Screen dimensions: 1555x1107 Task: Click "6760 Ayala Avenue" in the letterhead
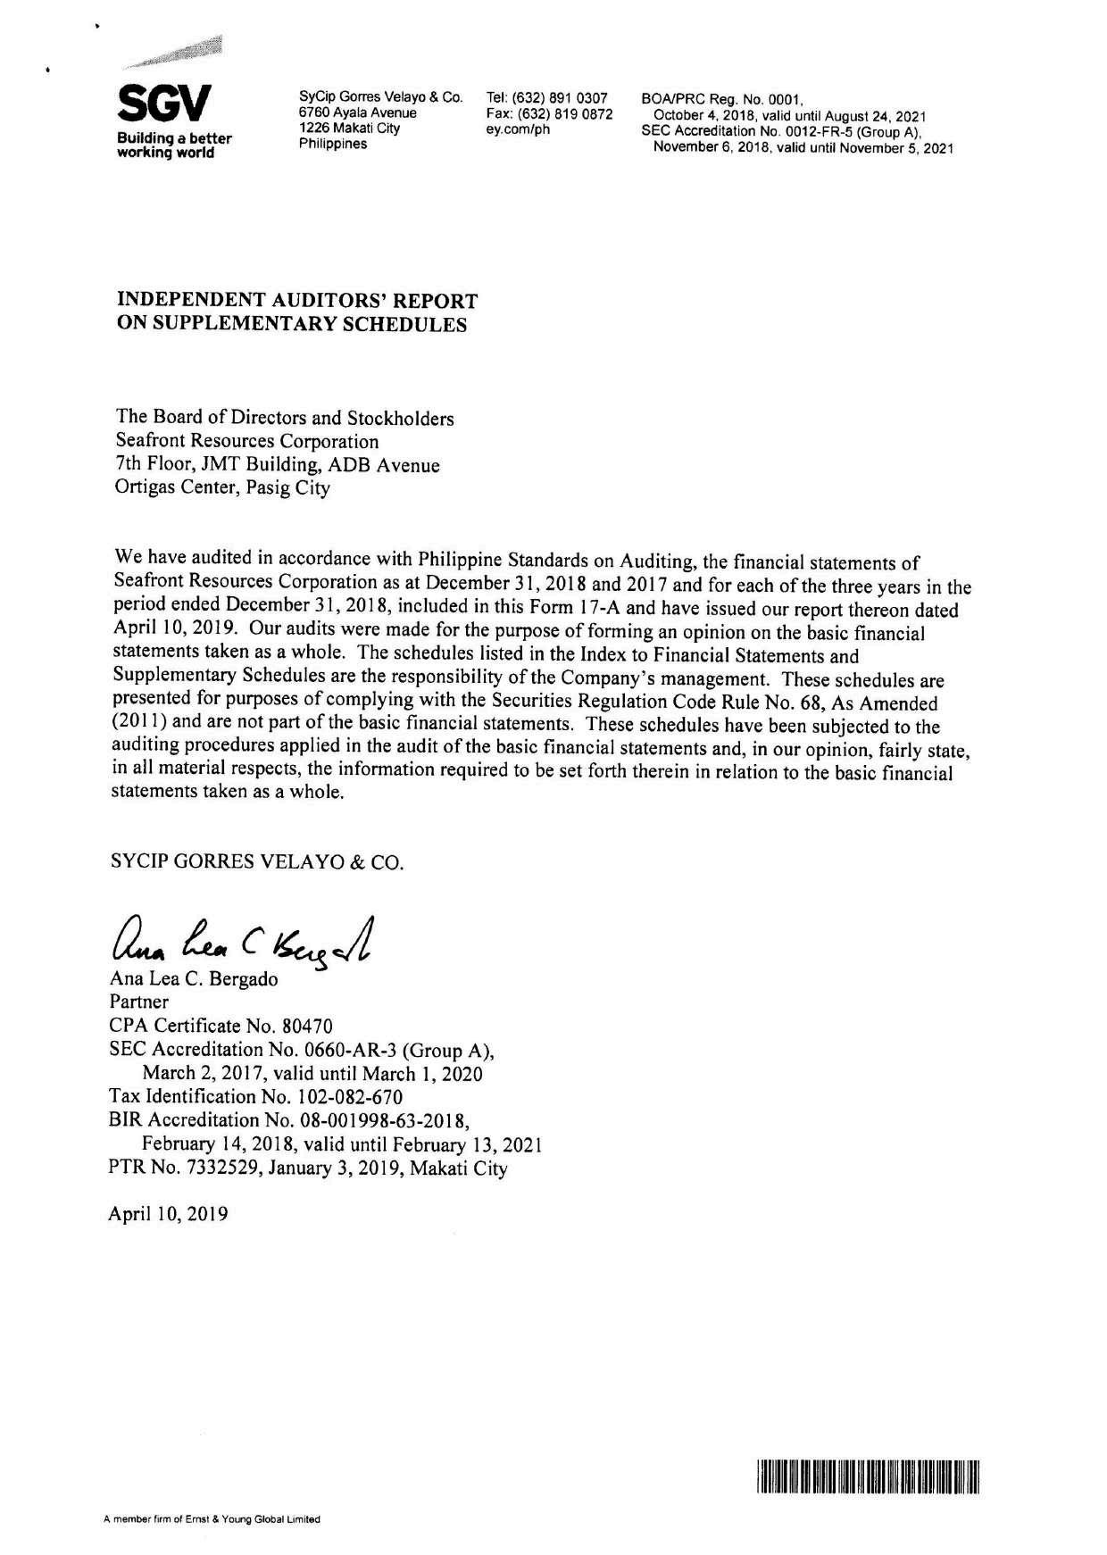(357, 113)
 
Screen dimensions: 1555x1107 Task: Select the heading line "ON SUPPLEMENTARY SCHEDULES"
(292, 324)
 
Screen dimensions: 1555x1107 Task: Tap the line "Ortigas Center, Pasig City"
(222, 487)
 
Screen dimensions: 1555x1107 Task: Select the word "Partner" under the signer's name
(138, 1002)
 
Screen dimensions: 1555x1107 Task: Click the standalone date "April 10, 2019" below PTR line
(169, 1214)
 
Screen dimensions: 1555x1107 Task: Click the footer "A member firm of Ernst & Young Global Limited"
(212, 1518)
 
